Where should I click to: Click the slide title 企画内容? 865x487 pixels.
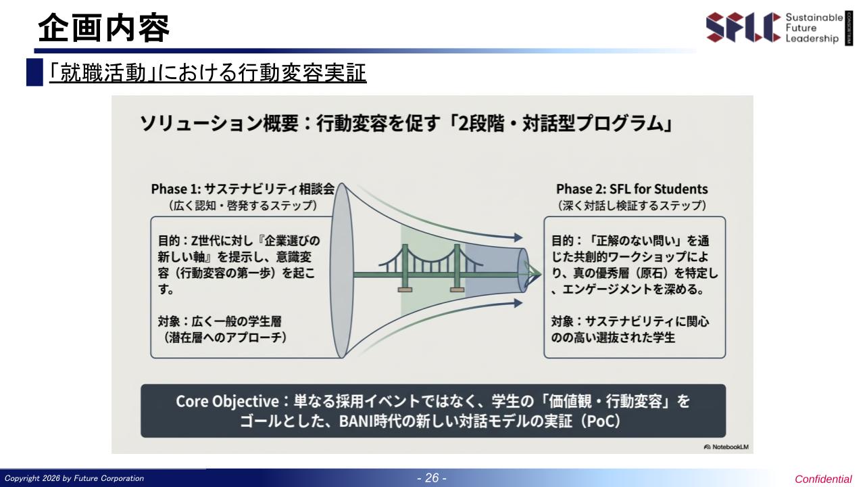coord(104,28)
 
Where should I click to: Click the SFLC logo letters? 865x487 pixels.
coord(743,27)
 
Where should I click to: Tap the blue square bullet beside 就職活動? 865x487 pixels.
coord(34,72)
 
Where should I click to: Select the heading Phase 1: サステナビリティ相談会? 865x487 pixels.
coord(243,189)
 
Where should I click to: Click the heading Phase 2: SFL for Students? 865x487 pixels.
coord(632,189)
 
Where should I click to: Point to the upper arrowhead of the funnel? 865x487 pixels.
coord(518,237)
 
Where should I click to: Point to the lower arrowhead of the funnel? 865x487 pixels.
coord(518,303)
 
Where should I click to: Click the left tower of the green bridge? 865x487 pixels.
coord(405,267)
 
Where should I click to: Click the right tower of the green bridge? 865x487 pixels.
coord(457,267)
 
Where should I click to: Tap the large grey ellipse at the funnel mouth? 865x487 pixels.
coord(341,271)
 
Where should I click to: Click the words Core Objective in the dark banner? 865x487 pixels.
coord(227,401)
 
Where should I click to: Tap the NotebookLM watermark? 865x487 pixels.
coord(726,447)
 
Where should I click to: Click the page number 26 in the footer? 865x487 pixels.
coord(432,478)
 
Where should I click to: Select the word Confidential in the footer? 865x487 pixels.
coord(823,480)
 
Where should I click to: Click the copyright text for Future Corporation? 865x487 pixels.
coord(74,478)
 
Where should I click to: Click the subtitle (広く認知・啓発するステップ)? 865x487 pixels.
coord(243,205)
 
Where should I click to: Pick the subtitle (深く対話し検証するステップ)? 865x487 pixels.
coord(632,205)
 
